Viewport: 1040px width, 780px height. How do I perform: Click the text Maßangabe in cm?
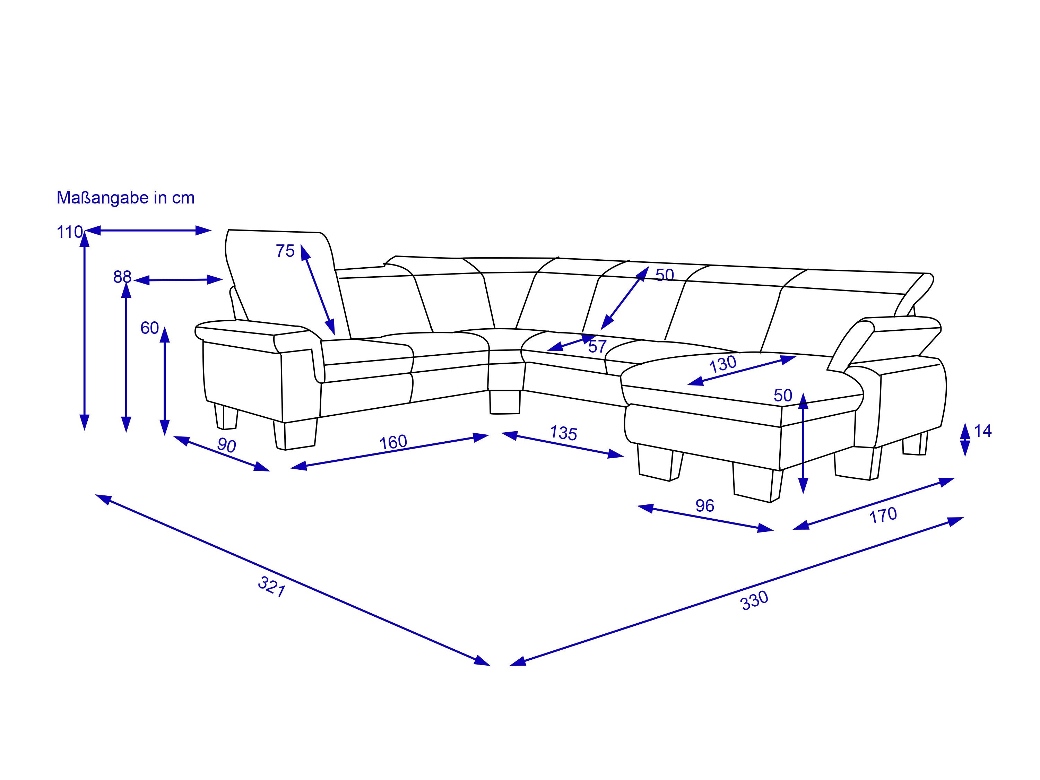125,198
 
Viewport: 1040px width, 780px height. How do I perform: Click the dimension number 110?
70,232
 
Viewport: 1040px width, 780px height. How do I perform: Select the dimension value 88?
122,277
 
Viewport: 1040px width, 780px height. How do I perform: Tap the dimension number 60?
149,328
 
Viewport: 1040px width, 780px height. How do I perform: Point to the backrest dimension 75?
285,251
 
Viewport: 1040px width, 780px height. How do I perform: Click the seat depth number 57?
597,347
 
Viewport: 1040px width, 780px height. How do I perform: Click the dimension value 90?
227,445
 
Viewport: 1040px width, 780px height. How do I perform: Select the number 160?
393,442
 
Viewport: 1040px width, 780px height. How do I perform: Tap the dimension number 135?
563,433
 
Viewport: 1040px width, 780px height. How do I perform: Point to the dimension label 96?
705,505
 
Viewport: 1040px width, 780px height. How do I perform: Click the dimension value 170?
883,515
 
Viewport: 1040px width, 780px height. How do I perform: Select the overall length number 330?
754,600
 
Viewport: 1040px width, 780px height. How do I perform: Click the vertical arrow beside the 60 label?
165,381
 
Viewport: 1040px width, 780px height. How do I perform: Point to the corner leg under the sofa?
505,402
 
